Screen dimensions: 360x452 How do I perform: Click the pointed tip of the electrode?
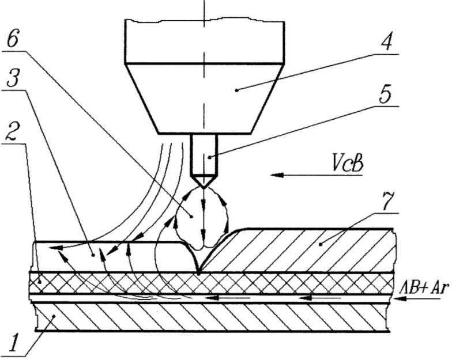tap(204, 186)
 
